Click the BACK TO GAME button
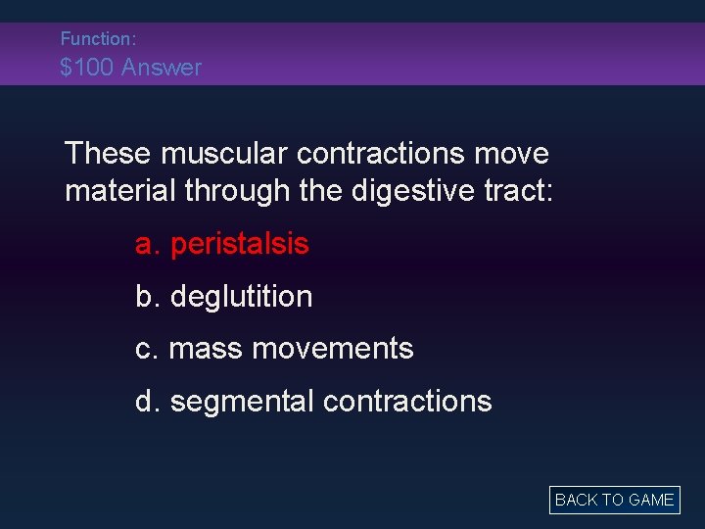[614, 500]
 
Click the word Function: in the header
[98, 39]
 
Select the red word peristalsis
[239, 244]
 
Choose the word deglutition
[241, 297]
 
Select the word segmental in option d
[242, 402]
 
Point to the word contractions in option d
[406, 402]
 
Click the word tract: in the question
[522, 190]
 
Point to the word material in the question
[117, 190]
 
